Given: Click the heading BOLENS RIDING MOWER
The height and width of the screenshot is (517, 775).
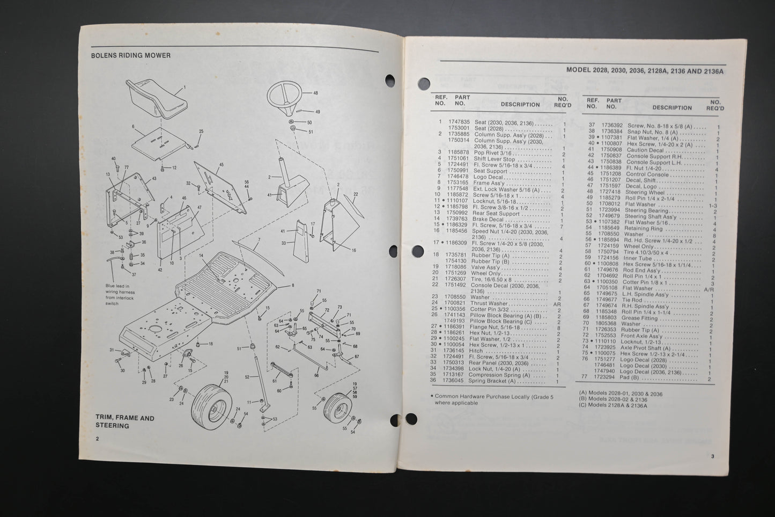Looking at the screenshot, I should point(131,55).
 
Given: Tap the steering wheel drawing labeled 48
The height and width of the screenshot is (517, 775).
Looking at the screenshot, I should point(289,96).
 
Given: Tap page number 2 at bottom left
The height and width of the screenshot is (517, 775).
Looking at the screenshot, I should point(97,439).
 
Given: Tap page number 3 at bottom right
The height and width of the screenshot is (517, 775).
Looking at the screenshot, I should point(712,456).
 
